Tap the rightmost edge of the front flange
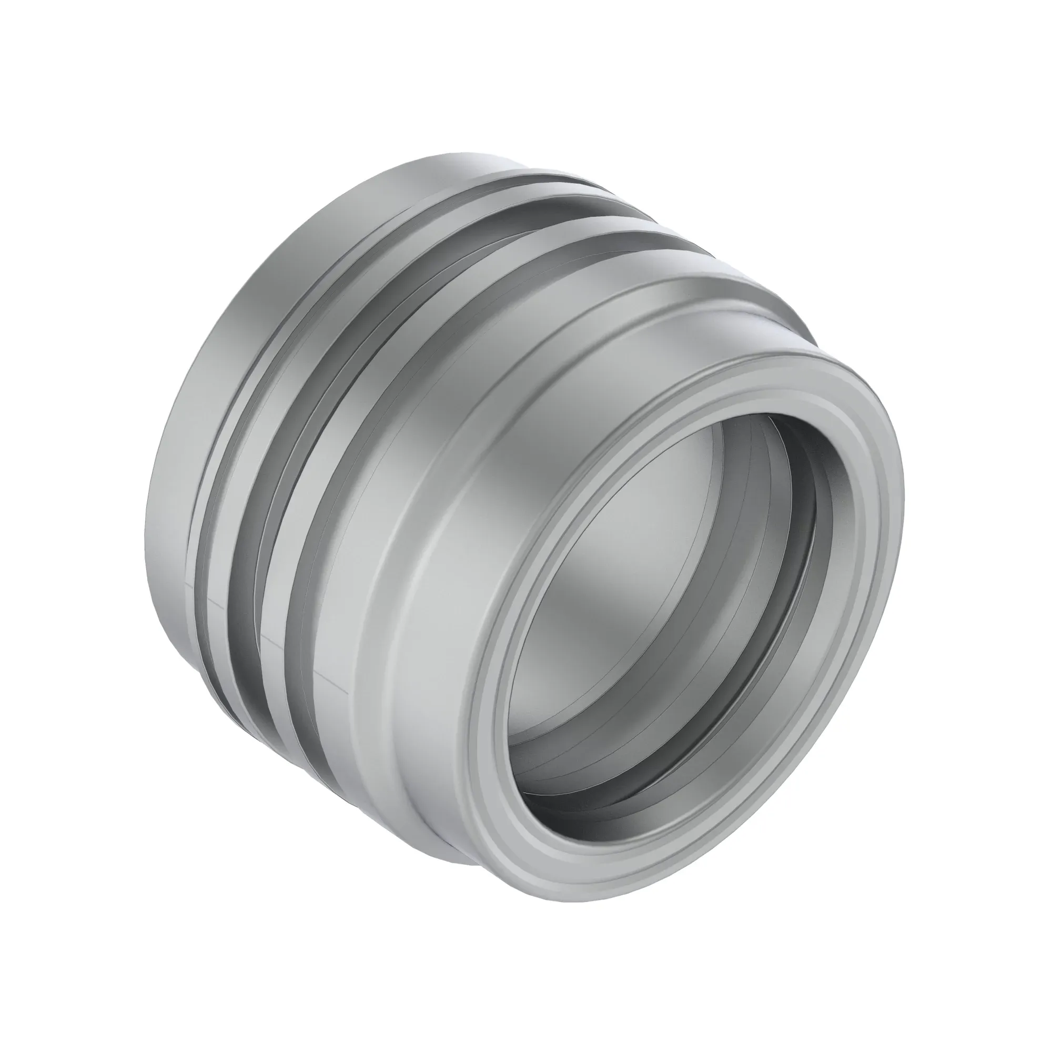click(x=904, y=490)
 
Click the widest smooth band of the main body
click(x=436, y=490)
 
